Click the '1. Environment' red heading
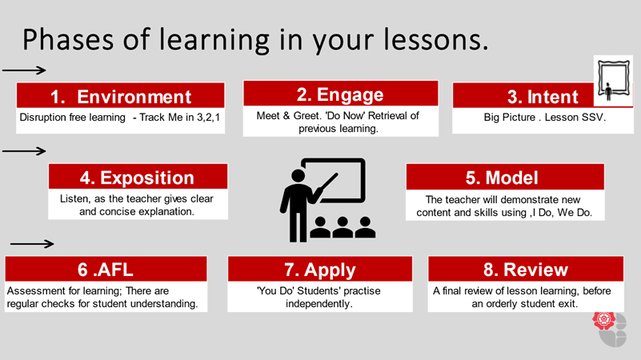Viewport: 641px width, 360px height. (121, 97)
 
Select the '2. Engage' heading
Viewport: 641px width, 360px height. (340, 95)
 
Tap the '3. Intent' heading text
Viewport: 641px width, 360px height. (543, 98)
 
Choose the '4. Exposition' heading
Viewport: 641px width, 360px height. (137, 178)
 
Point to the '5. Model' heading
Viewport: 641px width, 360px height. (502, 178)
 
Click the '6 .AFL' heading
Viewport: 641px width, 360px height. (105, 270)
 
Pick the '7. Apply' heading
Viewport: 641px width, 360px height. (320, 270)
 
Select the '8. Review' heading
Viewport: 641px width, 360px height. (526, 270)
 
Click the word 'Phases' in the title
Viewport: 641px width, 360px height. (68, 41)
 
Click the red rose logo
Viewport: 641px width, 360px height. (604, 320)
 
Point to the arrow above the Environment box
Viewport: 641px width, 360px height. (24, 70)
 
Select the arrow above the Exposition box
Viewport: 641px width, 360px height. (24, 151)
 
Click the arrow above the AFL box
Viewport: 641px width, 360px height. (32, 244)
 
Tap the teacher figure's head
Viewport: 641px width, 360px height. (298, 176)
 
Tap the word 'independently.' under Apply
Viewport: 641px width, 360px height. (318, 304)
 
